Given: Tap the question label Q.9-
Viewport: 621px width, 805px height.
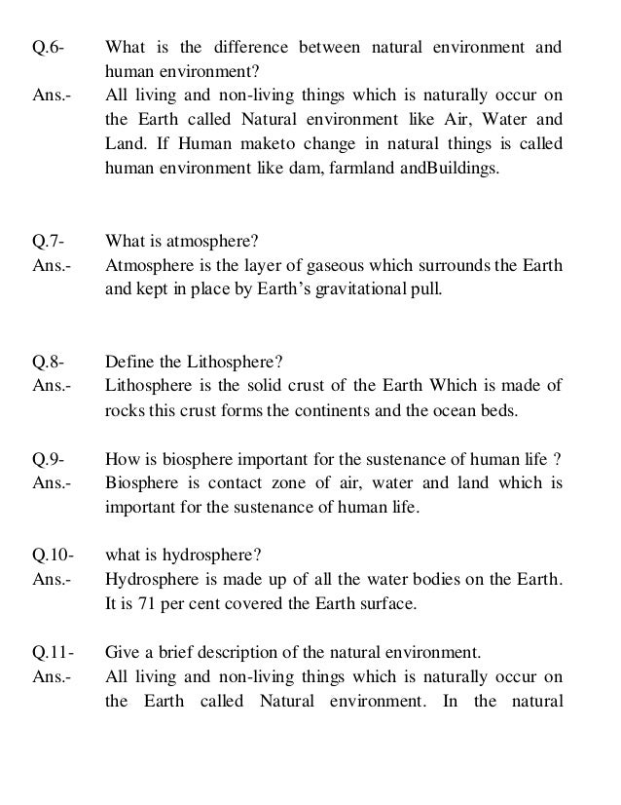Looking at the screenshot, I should [x=48, y=460].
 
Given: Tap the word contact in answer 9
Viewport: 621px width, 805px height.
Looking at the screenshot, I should [x=225, y=483].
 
